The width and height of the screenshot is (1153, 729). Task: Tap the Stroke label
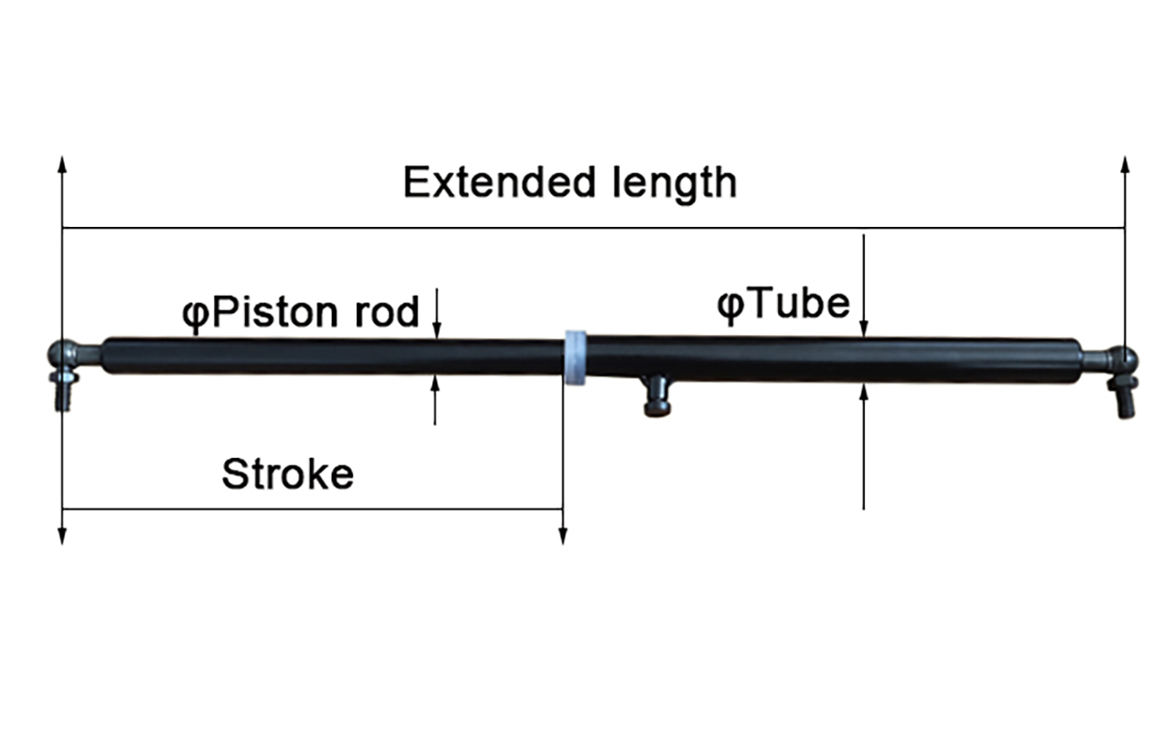pyautogui.click(x=287, y=474)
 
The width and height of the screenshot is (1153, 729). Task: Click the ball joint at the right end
pyautogui.click(x=1122, y=359)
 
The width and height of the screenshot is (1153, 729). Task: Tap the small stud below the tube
pyautogui.click(x=657, y=397)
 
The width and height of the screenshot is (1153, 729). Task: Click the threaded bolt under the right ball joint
pyautogui.click(x=1126, y=399)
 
